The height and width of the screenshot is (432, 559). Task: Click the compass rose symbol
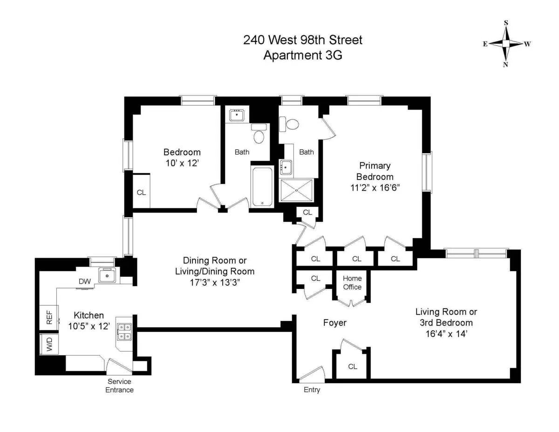point(506,44)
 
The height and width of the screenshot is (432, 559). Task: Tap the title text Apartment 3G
point(302,55)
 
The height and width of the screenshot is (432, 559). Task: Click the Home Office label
point(352,283)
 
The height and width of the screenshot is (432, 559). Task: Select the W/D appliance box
point(49,345)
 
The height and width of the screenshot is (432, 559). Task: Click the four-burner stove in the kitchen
point(124,331)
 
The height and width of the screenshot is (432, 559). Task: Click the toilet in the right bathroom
point(290,124)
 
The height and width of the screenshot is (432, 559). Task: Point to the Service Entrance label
point(119,385)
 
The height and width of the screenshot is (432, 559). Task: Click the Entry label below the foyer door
point(312,390)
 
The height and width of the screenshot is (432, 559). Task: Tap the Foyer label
point(335,322)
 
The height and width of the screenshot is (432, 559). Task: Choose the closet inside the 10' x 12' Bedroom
point(141,192)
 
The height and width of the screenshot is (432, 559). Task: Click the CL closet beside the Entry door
point(353,366)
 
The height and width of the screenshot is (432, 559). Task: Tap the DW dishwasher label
point(84,281)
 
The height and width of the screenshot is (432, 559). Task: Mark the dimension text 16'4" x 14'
point(446,333)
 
